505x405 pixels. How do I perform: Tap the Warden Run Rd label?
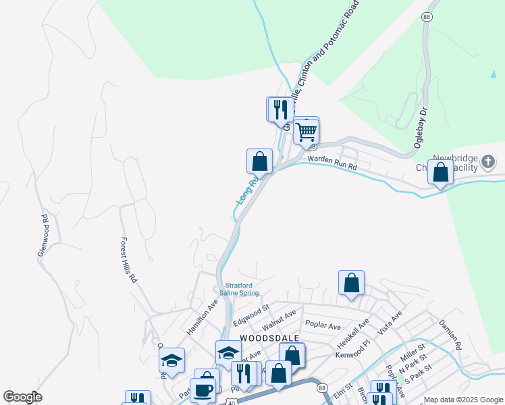[331, 162]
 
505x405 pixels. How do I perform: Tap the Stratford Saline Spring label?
[242, 288]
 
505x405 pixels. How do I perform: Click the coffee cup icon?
[202, 389]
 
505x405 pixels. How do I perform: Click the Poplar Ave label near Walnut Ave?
[323, 325]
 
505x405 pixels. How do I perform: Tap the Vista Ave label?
[390, 323]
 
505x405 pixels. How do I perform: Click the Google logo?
[22, 397]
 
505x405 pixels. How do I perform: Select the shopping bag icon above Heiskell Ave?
[351, 283]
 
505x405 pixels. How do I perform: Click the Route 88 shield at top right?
[426, 16]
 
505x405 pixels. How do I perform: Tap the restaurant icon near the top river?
[281, 109]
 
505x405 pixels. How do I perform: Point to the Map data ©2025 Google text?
[463, 400]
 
